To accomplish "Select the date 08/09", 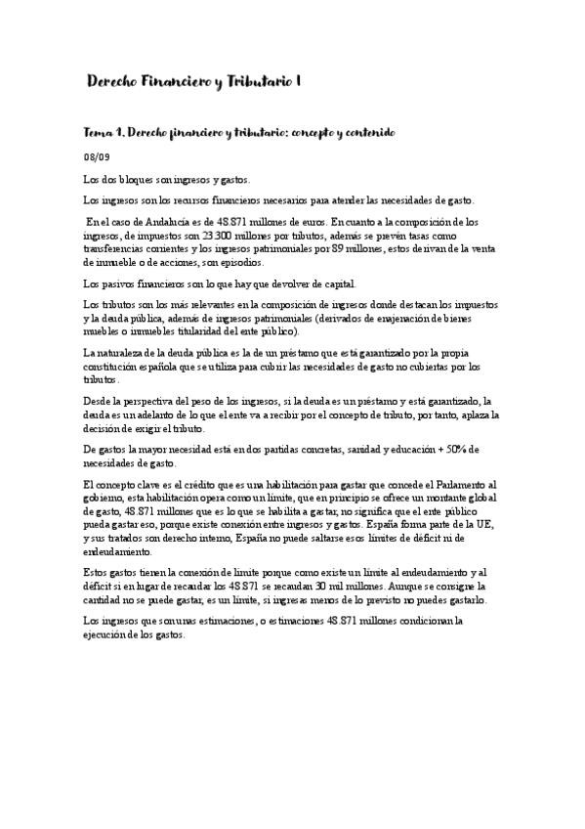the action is pos(96,156).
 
